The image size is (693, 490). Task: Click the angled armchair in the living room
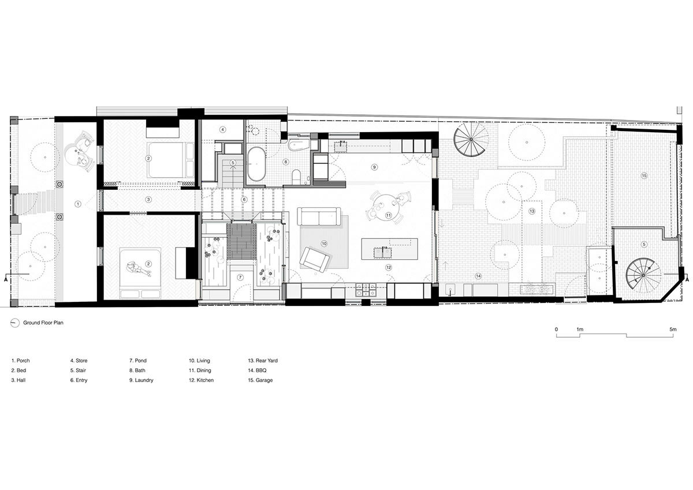tap(314, 259)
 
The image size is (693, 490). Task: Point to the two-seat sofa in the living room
tap(319, 216)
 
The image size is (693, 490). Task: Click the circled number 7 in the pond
tap(240, 277)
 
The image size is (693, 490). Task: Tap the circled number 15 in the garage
tap(644, 175)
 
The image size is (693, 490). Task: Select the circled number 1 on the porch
tap(78, 204)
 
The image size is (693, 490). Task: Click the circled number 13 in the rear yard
tap(532, 211)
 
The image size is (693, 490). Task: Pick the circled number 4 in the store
tap(223, 129)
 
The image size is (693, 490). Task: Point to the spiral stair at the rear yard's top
tap(471, 140)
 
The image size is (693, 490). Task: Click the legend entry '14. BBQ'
tap(257, 370)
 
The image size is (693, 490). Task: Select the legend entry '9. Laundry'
tap(141, 380)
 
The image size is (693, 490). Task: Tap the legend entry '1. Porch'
tap(20, 361)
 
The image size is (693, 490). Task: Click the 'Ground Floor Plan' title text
tap(43, 323)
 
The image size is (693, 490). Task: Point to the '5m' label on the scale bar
tap(673, 329)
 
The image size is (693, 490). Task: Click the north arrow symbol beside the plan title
tap(15, 323)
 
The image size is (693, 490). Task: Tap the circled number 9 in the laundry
tap(374, 167)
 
